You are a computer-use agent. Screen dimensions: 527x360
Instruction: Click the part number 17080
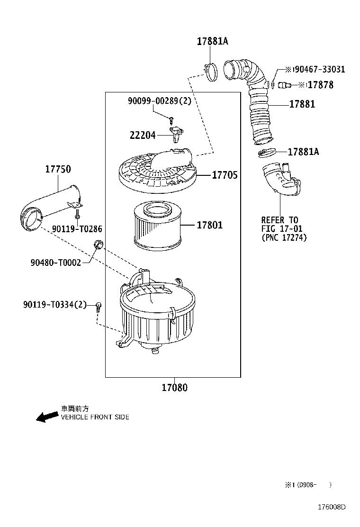(x=174, y=388)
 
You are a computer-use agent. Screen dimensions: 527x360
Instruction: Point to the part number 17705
(x=225, y=175)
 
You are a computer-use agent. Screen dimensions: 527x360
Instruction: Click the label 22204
(x=143, y=135)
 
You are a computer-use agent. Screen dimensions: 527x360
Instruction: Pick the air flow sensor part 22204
(x=177, y=133)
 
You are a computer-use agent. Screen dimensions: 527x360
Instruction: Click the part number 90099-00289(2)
(x=159, y=101)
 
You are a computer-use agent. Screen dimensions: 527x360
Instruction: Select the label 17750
(x=58, y=169)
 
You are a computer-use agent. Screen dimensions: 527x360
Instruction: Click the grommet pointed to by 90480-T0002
(x=99, y=245)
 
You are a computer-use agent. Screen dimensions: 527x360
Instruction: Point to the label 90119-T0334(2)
(x=55, y=304)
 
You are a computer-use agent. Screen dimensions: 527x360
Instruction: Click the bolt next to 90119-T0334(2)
(x=99, y=306)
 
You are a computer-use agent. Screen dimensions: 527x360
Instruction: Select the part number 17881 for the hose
(x=302, y=104)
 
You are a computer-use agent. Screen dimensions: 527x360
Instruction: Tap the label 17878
(x=321, y=85)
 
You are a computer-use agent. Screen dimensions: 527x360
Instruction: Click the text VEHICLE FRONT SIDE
(x=95, y=418)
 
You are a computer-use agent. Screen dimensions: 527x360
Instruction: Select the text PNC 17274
(x=284, y=238)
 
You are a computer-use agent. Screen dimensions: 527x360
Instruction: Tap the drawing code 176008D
(x=331, y=507)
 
